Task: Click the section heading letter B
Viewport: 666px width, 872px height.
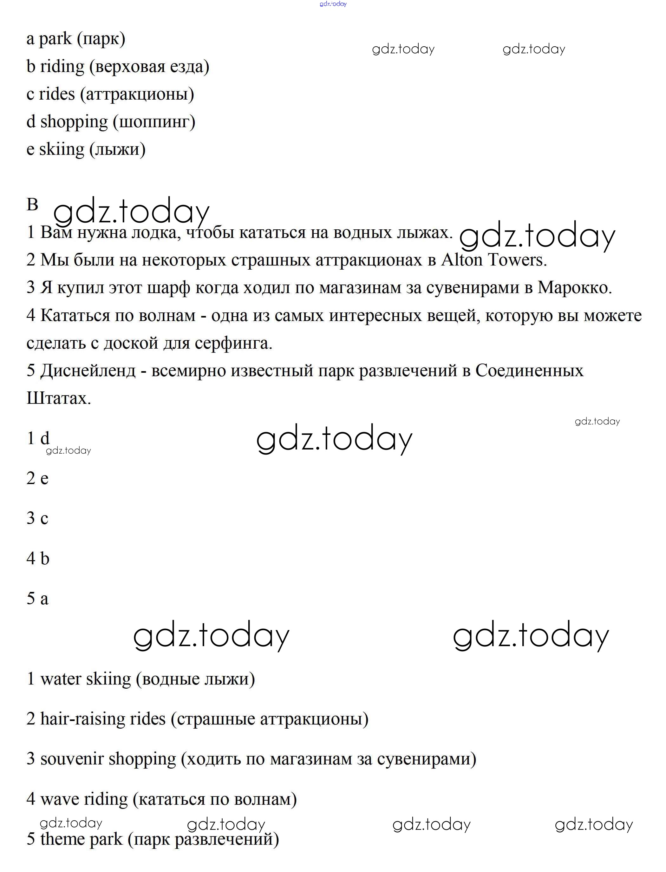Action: pyautogui.click(x=32, y=205)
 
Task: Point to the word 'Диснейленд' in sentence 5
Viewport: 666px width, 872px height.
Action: pyautogui.click(x=88, y=371)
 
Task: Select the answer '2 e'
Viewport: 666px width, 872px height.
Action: pyautogui.click(x=37, y=479)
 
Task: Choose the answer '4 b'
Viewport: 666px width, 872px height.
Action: pyautogui.click(x=38, y=559)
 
